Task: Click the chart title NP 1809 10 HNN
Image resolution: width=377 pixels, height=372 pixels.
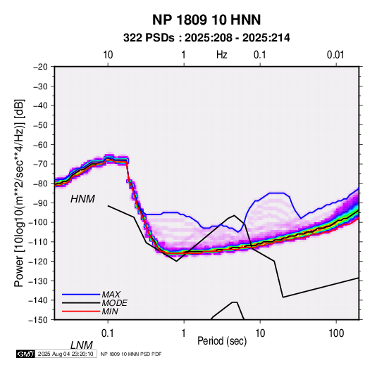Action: tap(206, 20)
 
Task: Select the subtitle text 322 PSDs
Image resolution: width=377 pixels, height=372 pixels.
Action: tap(149, 38)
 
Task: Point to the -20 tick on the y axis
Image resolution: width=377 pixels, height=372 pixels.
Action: tap(40, 67)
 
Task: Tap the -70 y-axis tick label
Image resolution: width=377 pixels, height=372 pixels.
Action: tap(40, 164)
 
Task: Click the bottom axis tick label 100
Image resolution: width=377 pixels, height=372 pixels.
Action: tap(336, 333)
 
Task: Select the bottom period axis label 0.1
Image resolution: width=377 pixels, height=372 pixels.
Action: tap(108, 333)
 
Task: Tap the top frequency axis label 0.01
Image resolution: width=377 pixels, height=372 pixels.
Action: tap(335, 55)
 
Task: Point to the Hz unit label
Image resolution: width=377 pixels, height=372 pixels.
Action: tap(222, 55)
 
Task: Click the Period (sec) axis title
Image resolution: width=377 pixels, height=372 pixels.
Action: tap(222, 341)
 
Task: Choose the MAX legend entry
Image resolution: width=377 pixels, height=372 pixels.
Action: tap(111, 294)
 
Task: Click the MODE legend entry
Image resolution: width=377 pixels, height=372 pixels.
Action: tap(114, 303)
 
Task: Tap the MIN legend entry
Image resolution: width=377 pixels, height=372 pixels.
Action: tap(110, 312)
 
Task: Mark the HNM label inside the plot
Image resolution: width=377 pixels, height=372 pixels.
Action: tap(82, 199)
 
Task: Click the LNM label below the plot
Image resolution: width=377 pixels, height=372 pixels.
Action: tap(82, 345)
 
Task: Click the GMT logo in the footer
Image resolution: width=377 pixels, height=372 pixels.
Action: tap(26, 354)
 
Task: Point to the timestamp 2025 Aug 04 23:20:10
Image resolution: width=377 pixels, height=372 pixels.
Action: tap(66, 354)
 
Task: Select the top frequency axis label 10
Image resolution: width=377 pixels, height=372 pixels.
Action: tap(108, 55)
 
